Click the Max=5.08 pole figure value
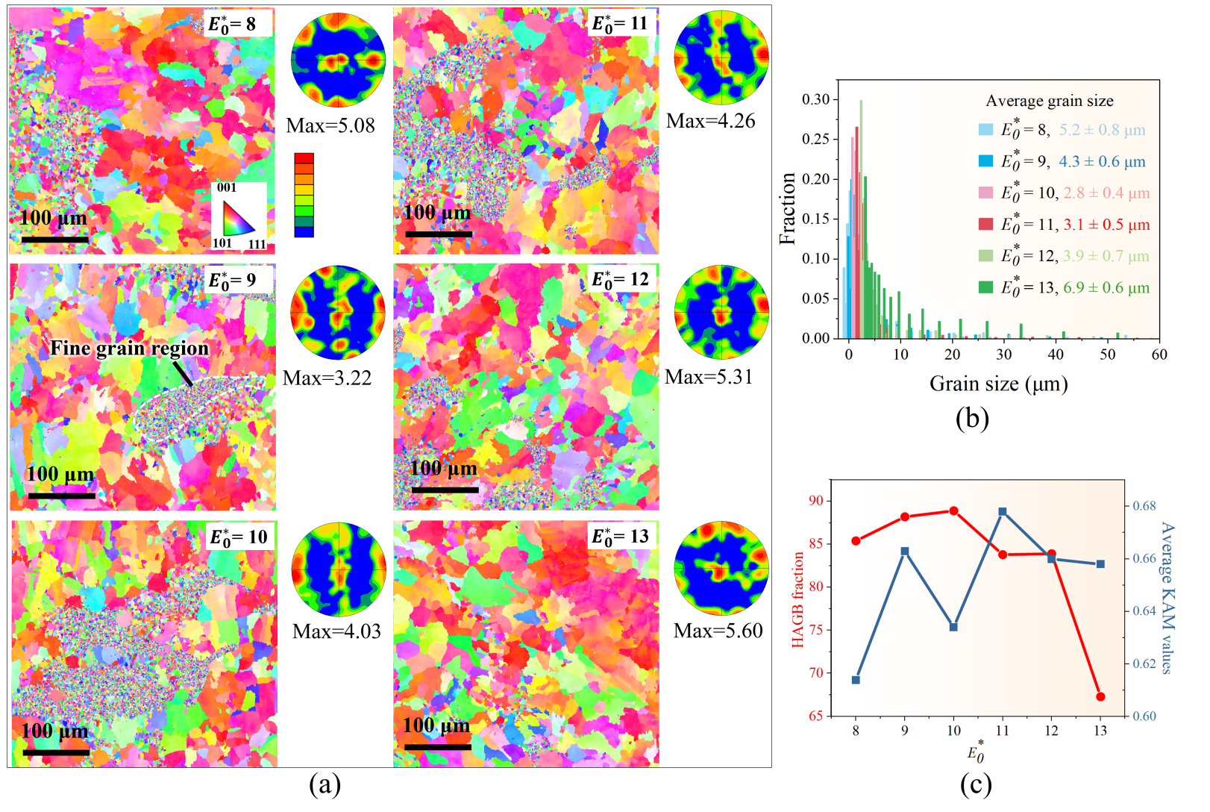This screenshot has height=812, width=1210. [x=330, y=125]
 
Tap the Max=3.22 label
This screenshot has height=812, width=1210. [x=327, y=378]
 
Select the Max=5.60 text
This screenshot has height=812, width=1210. [x=718, y=631]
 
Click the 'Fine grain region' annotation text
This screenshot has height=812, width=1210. [x=129, y=349]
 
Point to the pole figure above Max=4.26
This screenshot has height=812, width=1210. [x=721, y=57]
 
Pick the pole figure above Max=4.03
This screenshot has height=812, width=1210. [x=339, y=569]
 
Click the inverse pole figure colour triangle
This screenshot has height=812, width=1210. [x=237, y=219]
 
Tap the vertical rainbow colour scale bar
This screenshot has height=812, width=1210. [x=304, y=195]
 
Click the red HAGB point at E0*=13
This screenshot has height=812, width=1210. [x=1100, y=696]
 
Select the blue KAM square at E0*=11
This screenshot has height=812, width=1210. [x=1003, y=512]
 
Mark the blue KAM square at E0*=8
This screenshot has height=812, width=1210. [x=856, y=680]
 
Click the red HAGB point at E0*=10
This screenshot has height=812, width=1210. [x=953, y=510]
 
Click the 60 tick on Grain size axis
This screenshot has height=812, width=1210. [x=1159, y=355]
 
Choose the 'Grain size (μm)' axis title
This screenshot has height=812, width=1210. [x=998, y=384]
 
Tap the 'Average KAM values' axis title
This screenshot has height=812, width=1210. [x=1166, y=597]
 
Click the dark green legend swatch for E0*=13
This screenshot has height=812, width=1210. [x=985, y=287]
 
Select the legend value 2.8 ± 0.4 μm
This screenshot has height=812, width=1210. [x=1106, y=193]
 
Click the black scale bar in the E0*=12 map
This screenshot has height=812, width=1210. [x=445, y=490]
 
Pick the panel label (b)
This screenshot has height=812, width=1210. [x=971, y=418]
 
